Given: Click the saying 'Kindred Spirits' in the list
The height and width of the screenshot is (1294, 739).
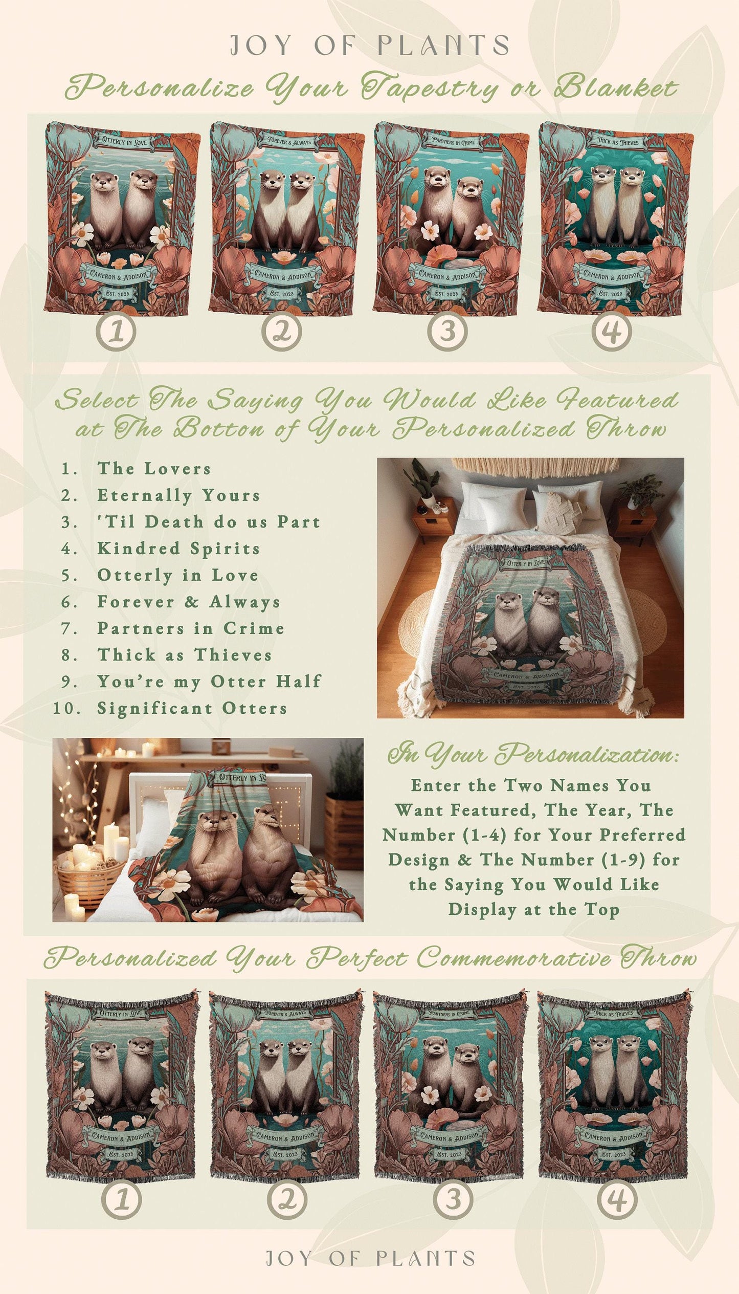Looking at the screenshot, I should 178,549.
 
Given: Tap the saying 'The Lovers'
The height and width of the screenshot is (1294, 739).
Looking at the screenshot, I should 154,469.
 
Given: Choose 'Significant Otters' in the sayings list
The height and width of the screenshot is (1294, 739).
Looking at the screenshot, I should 192,708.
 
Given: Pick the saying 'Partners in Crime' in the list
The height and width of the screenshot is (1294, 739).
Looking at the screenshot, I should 190,628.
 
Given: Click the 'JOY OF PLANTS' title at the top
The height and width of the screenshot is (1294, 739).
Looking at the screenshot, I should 369,46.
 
